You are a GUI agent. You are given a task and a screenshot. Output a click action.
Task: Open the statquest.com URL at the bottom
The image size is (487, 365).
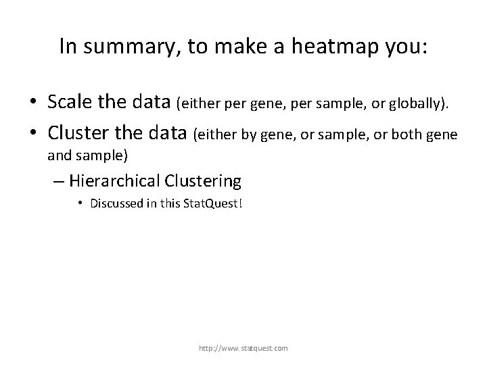(243, 348)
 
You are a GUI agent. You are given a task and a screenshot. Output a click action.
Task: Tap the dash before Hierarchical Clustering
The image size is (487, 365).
(59, 181)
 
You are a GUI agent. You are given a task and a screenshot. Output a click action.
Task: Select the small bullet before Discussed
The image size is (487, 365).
(80, 203)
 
